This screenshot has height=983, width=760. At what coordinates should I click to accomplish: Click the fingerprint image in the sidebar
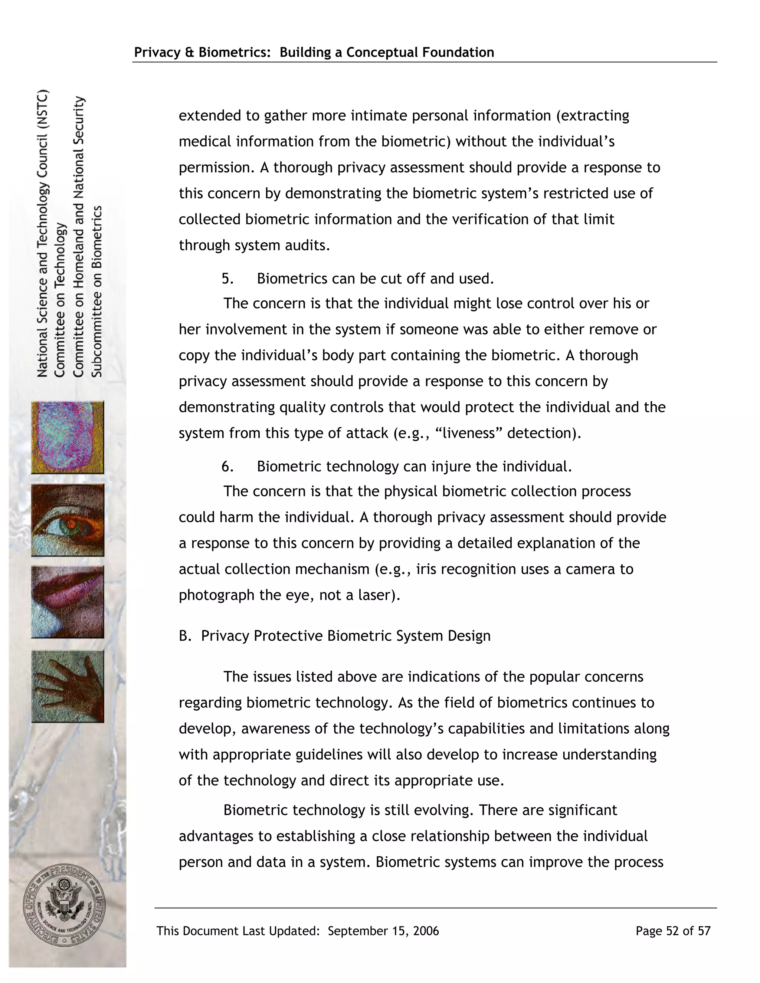(x=68, y=437)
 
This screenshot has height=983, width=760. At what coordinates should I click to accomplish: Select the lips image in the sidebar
(x=68, y=602)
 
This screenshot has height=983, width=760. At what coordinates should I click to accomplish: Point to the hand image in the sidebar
(x=68, y=686)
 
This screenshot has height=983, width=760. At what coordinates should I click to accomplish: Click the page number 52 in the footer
(x=672, y=931)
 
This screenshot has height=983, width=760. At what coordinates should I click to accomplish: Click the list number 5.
(x=227, y=279)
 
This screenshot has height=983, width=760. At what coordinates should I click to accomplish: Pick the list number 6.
(x=227, y=466)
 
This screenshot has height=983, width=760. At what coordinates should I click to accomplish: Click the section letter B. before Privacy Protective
(x=184, y=635)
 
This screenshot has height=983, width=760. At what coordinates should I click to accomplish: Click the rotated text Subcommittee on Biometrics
(x=97, y=291)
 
